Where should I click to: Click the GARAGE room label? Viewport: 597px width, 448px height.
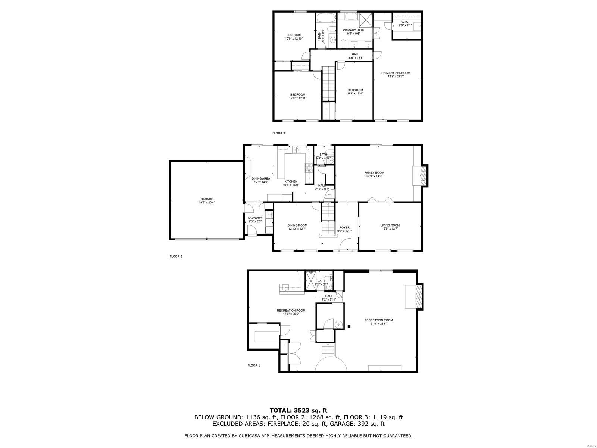point(206,199)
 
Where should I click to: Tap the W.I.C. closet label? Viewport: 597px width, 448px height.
point(405,22)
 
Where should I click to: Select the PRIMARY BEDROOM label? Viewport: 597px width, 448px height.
point(396,73)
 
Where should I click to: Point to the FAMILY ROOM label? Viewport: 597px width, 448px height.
point(374,173)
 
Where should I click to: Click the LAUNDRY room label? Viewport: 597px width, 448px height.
point(255,218)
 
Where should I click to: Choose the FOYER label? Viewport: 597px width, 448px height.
point(344,227)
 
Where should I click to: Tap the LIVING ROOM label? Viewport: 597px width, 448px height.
point(390,225)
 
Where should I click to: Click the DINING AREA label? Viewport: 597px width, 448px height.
point(261,178)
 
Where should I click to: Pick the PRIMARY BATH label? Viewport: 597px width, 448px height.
point(353,30)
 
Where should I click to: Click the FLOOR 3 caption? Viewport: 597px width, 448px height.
point(279,133)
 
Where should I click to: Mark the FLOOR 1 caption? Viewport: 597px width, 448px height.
point(254,365)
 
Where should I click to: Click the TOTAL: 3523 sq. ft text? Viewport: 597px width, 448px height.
point(298,410)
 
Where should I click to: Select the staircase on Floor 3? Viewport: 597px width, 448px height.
point(329,84)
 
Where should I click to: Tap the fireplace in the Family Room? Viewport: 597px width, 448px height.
point(423,175)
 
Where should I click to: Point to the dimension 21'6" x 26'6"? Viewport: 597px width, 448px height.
point(378,324)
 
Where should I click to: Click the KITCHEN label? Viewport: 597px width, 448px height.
point(291,181)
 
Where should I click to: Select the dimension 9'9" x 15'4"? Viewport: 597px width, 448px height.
point(355,93)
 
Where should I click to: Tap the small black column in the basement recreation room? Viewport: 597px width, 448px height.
point(349,327)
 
